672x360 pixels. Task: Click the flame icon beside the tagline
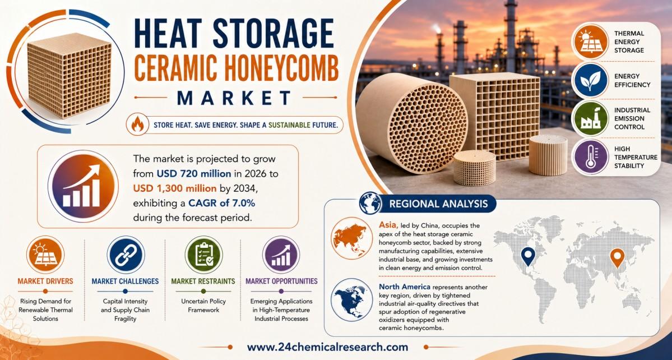[137, 124]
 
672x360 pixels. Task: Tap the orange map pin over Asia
[617, 258]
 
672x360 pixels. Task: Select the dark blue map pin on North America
[528, 256]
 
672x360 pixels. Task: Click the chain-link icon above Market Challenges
[126, 255]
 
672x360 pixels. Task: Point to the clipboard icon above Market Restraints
[203, 255]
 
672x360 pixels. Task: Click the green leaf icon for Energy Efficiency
[591, 80]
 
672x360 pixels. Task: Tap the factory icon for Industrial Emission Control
[591, 118]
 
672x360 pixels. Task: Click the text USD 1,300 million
[175, 188]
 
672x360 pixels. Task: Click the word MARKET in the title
[234, 98]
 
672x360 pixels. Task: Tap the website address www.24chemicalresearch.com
[327, 347]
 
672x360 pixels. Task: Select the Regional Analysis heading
[438, 203]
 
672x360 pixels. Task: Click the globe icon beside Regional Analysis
[370, 203]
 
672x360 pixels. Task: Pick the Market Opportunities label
[281, 281]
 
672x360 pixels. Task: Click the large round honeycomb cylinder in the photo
[412, 123]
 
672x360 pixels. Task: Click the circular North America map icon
[352, 299]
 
